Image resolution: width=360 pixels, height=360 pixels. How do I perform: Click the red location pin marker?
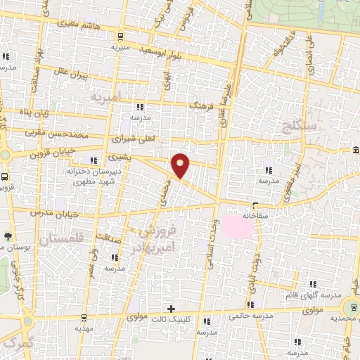coord(181,165)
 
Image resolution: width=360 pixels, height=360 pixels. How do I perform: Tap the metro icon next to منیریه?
coord(121,37)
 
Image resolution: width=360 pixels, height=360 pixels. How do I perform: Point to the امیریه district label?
coord(110,94)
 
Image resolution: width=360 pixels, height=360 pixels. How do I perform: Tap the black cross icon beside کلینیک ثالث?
coord(170,309)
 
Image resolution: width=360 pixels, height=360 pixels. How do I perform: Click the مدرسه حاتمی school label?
coord(250,317)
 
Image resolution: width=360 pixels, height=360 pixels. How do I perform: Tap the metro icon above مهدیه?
coord(84,318)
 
